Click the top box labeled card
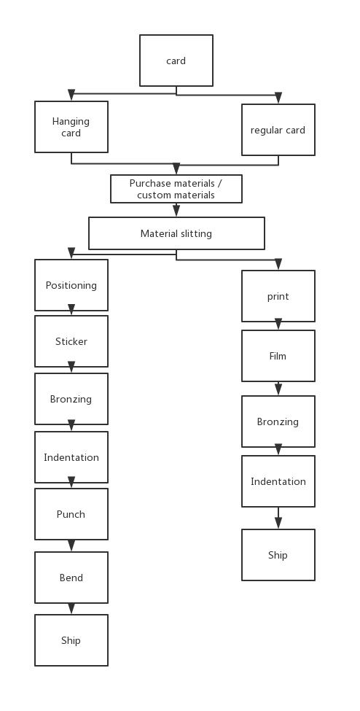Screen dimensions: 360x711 pyautogui.click(x=176, y=61)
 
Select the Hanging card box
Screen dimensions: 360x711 pyautogui.click(x=71, y=126)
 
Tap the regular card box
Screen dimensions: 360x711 pyautogui.click(x=278, y=130)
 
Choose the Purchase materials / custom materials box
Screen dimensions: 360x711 pyautogui.click(x=176, y=189)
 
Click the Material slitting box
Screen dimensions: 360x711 pyautogui.click(x=176, y=233)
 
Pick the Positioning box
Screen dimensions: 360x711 pyautogui.click(x=71, y=284)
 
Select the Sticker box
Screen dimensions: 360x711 pyautogui.click(x=71, y=341)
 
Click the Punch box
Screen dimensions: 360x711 pyautogui.click(x=71, y=514)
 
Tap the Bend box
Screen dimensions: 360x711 pyautogui.click(x=71, y=578)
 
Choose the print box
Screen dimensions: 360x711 pyautogui.click(x=278, y=296)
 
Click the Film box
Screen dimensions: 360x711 pyautogui.click(x=278, y=356)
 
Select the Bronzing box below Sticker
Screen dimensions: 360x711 pyautogui.click(x=71, y=399)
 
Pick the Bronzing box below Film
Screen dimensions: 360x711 pyautogui.click(x=278, y=421)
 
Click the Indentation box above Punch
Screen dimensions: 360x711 pyautogui.click(x=71, y=456)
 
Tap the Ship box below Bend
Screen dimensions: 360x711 pyautogui.click(x=71, y=640)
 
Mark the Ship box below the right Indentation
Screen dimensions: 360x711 pyautogui.click(x=278, y=554)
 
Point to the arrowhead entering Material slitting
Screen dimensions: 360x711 pyautogui.click(x=176, y=211)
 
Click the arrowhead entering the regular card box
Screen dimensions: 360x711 pyautogui.click(x=278, y=98)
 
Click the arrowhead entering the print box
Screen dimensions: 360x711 pyautogui.click(x=278, y=264)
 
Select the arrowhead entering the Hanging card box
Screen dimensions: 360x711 pyautogui.click(x=71, y=95)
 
